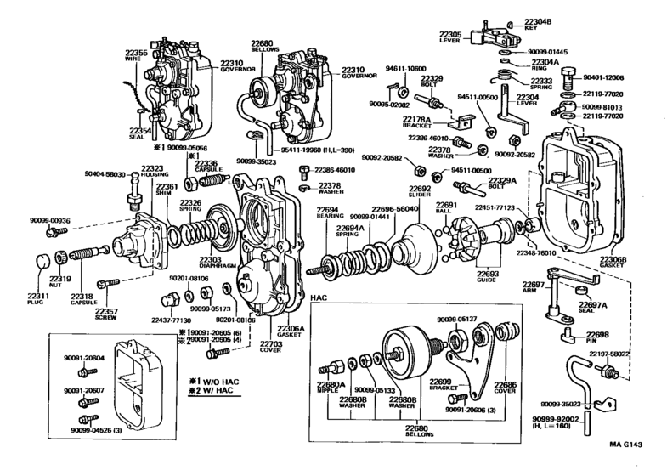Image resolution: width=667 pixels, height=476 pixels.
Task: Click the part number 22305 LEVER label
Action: (x=450, y=37)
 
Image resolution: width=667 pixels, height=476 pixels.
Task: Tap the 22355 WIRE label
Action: (x=137, y=57)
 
